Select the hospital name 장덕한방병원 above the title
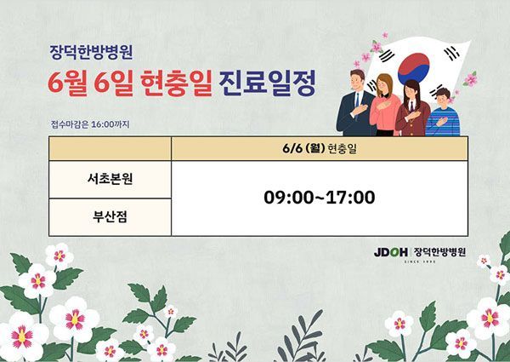(92, 52)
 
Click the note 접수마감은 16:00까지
(90, 124)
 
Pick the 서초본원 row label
(110, 179)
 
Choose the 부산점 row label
(110, 216)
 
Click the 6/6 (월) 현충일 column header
(320, 148)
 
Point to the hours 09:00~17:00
(320, 198)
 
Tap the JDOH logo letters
(391, 252)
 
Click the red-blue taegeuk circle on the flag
(414, 68)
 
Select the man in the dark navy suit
(355, 104)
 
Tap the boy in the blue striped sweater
(443, 112)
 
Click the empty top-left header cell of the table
(110, 148)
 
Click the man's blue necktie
(358, 101)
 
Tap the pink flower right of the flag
(470, 79)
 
